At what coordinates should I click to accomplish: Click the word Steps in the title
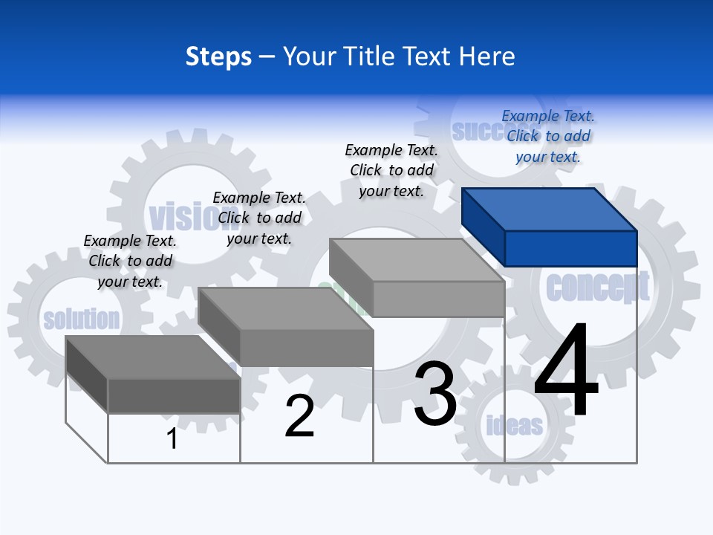[x=218, y=56]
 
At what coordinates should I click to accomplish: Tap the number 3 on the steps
[x=435, y=394]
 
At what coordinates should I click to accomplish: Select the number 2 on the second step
[x=300, y=416]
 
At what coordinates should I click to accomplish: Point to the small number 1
[x=172, y=439]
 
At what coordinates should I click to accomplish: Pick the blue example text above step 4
[x=548, y=136]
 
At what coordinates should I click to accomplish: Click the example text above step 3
[x=391, y=170]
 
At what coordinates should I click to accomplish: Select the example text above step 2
[x=259, y=218]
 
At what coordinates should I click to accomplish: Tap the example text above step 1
[x=130, y=261]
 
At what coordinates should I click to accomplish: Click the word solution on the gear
[x=82, y=320]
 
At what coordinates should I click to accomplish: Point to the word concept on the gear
[x=598, y=287]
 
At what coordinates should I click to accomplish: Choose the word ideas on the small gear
[x=514, y=426]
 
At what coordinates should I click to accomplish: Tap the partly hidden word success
[x=475, y=132]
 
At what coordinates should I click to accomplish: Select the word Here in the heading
[x=488, y=56]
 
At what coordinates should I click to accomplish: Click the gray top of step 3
[x=416, y=260]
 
